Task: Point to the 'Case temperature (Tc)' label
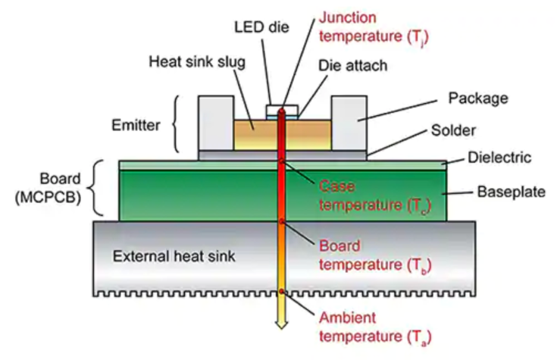coord(362,195)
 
